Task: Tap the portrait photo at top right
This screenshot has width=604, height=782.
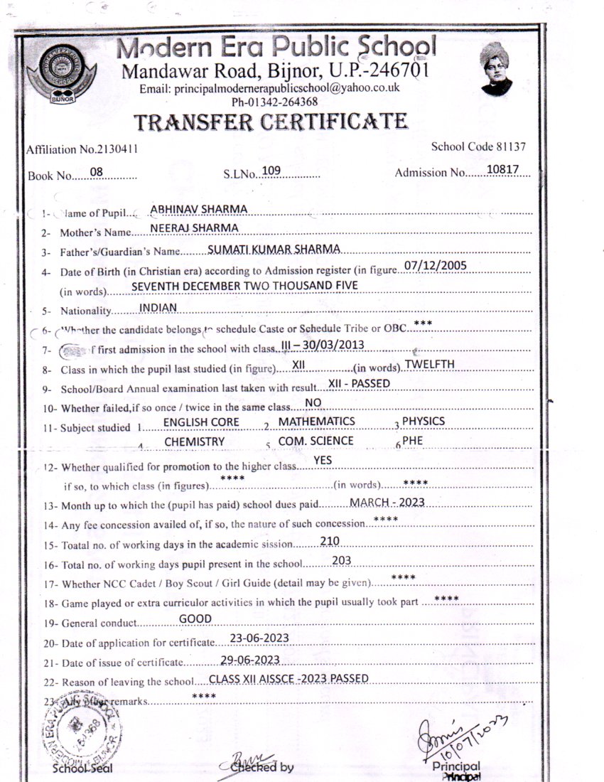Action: (x=496, y=69)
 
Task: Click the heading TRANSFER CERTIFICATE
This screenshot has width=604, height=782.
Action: (x=271, y=122)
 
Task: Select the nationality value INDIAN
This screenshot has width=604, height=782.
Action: (x=158, y=307)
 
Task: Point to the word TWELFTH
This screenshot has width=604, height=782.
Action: (x=429, y=365)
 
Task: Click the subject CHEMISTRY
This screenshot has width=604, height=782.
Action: (x=194, y=441)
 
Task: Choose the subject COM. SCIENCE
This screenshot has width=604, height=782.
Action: (x=316, y=441)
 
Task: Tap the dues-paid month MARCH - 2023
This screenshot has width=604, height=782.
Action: (x=387, y=502)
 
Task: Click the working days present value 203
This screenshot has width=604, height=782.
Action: (x=342, y=561)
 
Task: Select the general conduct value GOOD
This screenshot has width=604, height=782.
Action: (x=195, y=618)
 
